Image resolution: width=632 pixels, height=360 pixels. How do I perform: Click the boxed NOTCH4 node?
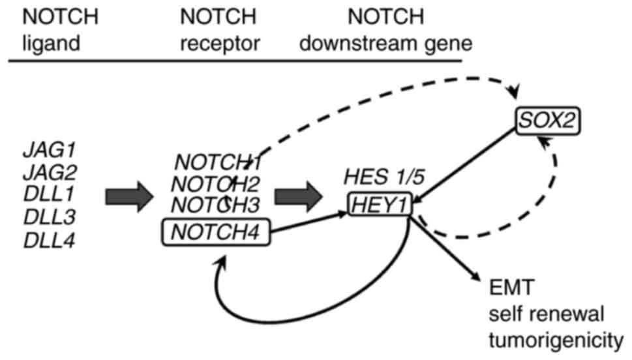tap(216, 231)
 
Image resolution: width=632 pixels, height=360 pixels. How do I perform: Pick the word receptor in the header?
tap(220, 43)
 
